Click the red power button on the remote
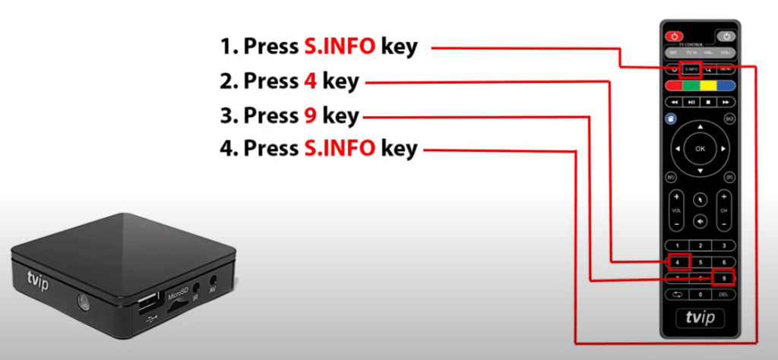click(673, 35)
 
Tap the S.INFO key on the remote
click(691, 69)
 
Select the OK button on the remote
click(701, 149)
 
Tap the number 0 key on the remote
click(701, 294)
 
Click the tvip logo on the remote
click(701, 317)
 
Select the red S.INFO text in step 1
click(338, 47)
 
